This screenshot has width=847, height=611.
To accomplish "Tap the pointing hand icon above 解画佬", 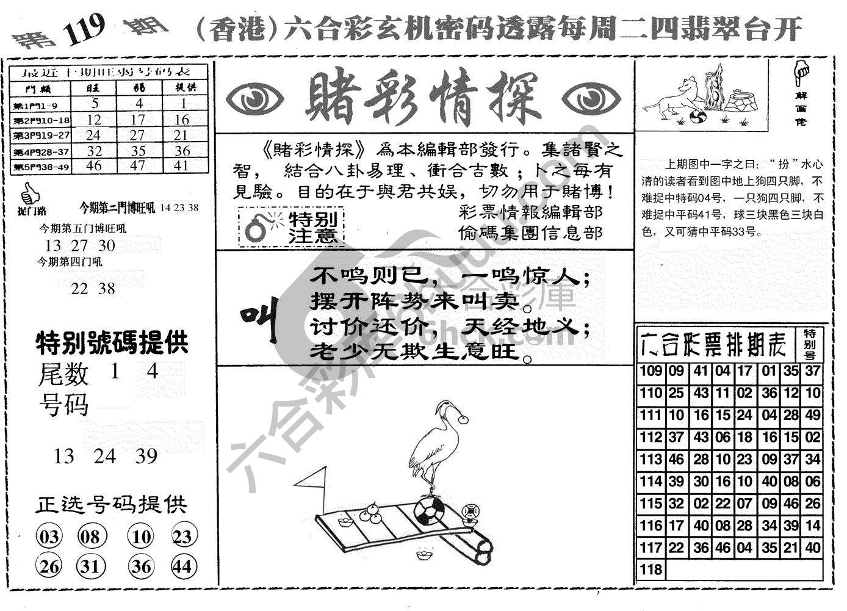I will pyautogui.click(x=801, y=72).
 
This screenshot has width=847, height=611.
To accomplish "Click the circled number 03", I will pyautogui.click(x=49, y=537).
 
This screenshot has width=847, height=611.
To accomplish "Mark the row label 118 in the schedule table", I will pyautogui.click(x=651, y=569).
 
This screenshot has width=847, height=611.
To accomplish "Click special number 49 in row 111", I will pyautogui.click(x=812, y=416).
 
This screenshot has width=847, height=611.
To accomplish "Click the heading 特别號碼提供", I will pyautogui.click(x=112, y=343).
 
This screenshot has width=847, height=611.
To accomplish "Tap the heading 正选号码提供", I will pyautogui.click(x=110, y=505).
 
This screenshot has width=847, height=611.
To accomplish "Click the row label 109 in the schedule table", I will pyautogui.click(x=651, y=371).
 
